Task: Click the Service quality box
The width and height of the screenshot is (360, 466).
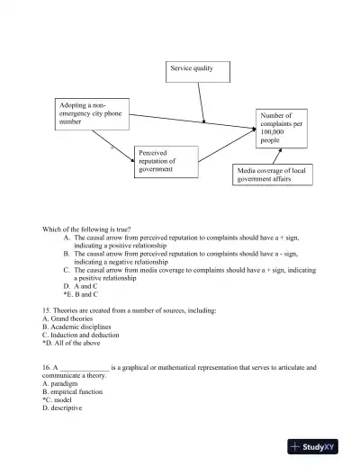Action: point(197,69)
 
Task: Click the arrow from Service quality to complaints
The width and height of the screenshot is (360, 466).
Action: point(202,102)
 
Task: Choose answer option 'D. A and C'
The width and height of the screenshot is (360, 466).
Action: point(79,286)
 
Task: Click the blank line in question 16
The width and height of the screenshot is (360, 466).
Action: point(85,368)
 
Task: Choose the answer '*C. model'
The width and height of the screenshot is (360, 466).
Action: point(59,400)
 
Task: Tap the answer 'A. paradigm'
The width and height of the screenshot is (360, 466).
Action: point(62,384)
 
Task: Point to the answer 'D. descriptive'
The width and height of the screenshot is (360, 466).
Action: point(63,408)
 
